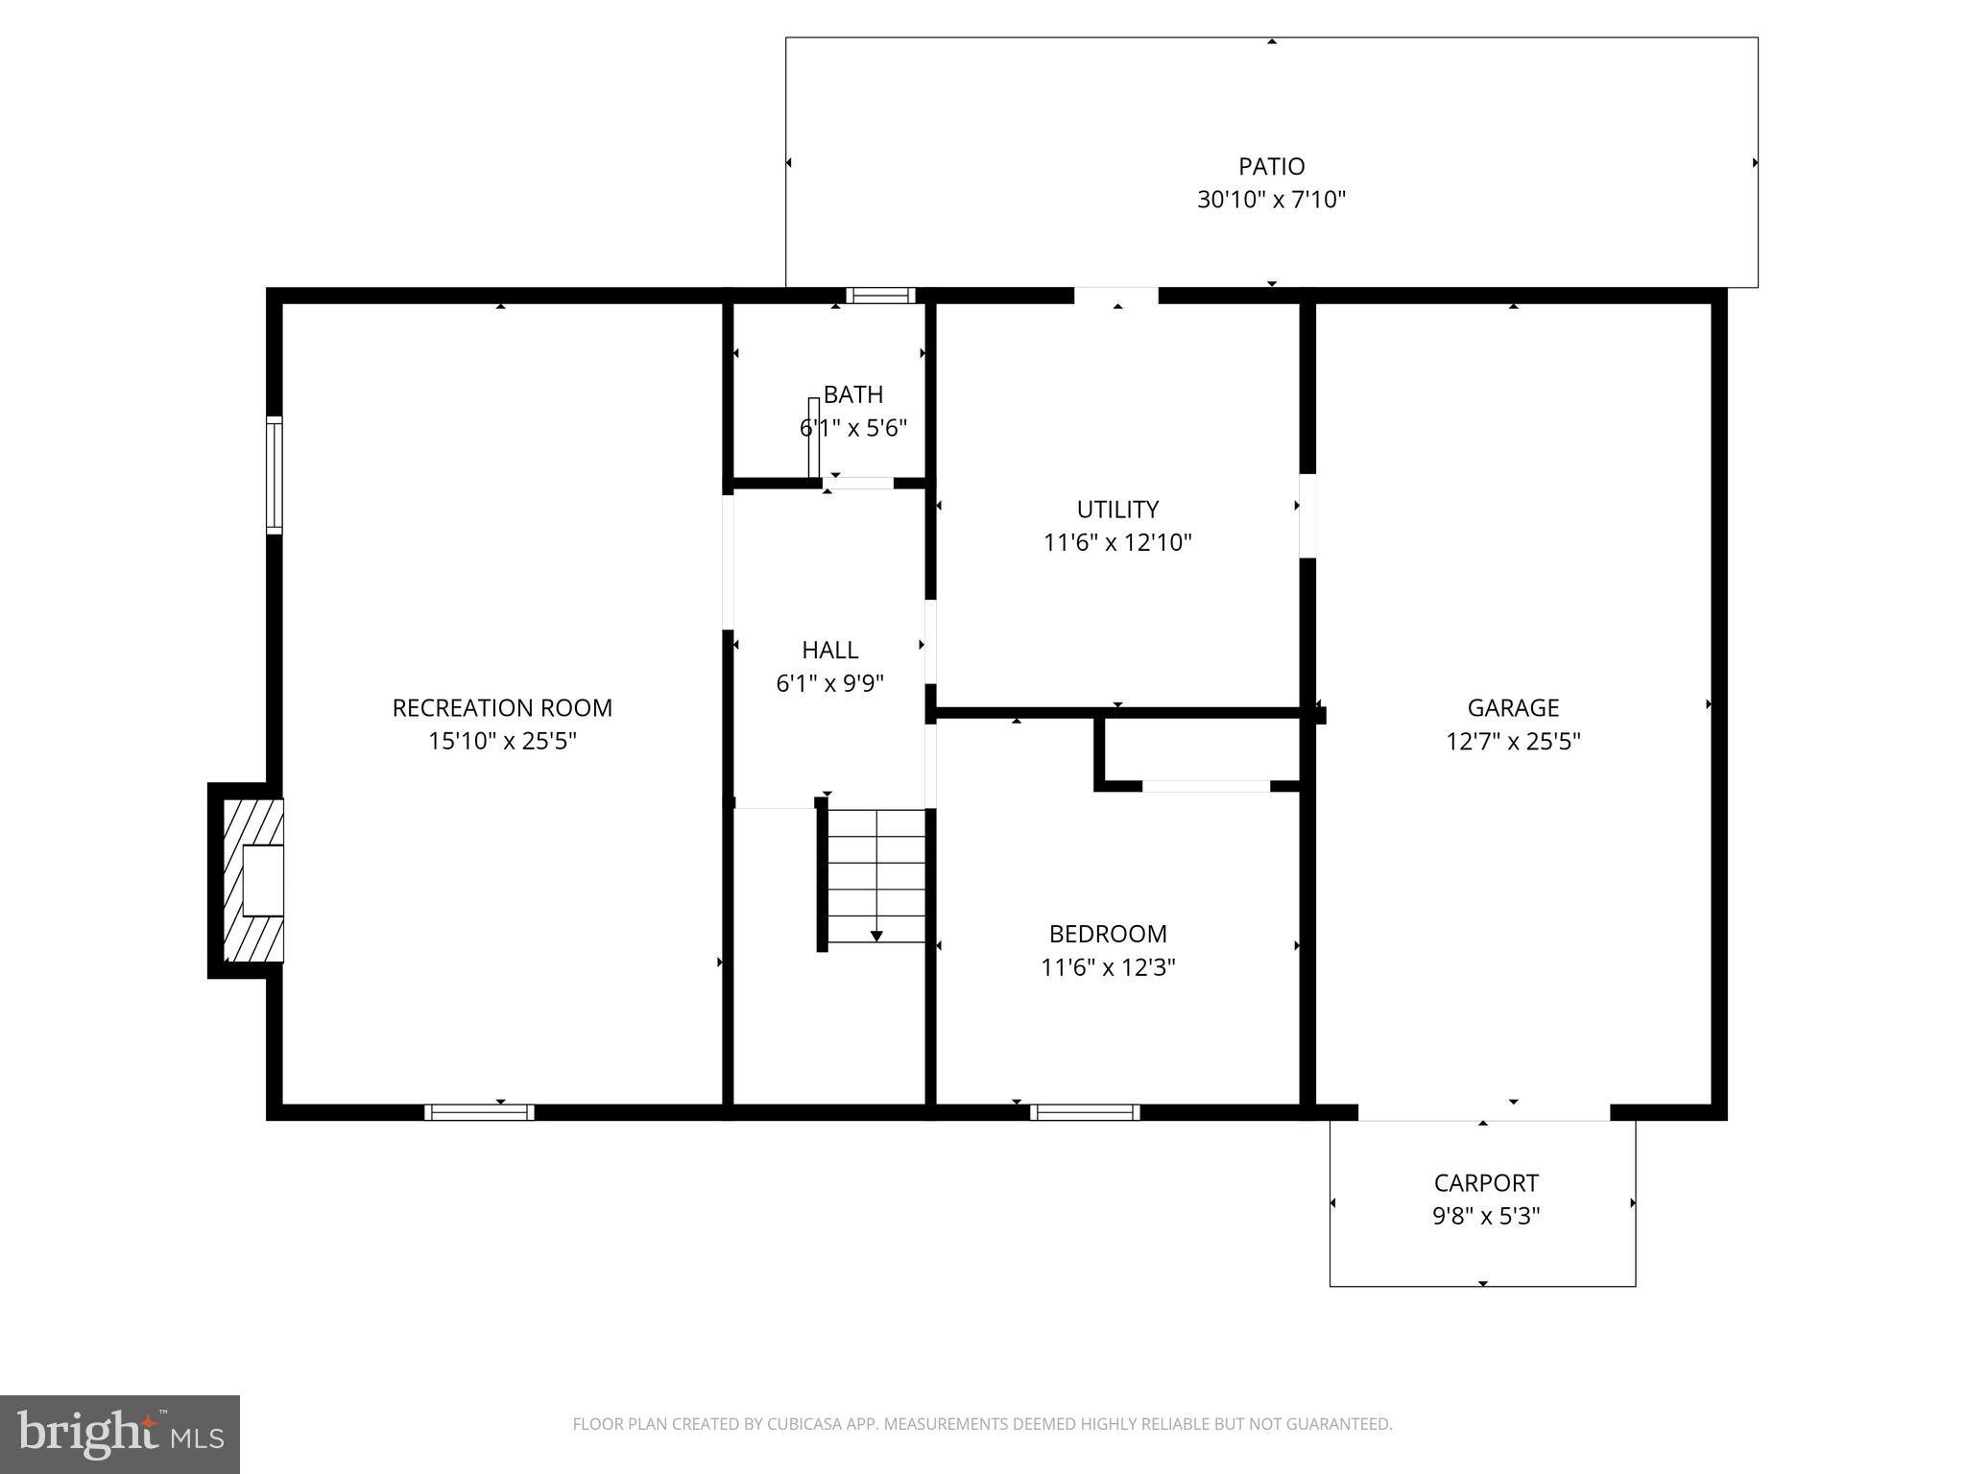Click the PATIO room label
tap(1271, 167)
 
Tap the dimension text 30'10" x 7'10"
tap(1271, 201)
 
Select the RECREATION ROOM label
tap(502, 708)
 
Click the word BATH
tap(853, 394)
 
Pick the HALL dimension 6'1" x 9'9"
tap(829, 684)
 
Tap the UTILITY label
tap(1117, 510)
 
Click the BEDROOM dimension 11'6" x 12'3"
tap(1108, 967)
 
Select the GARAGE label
tap(1513, 708)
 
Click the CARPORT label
tap(1486, 1183)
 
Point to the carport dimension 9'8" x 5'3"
tap(1486, 1217)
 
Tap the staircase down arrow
tap(876, 935)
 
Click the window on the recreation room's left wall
tap(275, 475)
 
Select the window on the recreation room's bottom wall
tap(479, 1112)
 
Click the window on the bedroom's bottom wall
tap(1085, 1112)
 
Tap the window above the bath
tap(879, 296)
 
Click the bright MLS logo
tap(120, 1434)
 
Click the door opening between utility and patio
tap(1115, 296)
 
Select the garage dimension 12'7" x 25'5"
tap(1513, 742)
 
